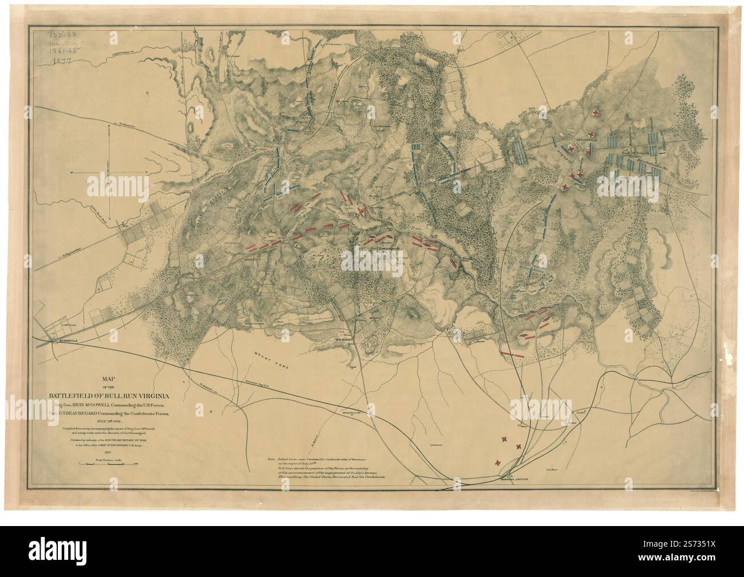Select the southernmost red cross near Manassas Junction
coord(498,463)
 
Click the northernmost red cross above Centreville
coord(597,113)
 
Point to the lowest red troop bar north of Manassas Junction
coord(513,355)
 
